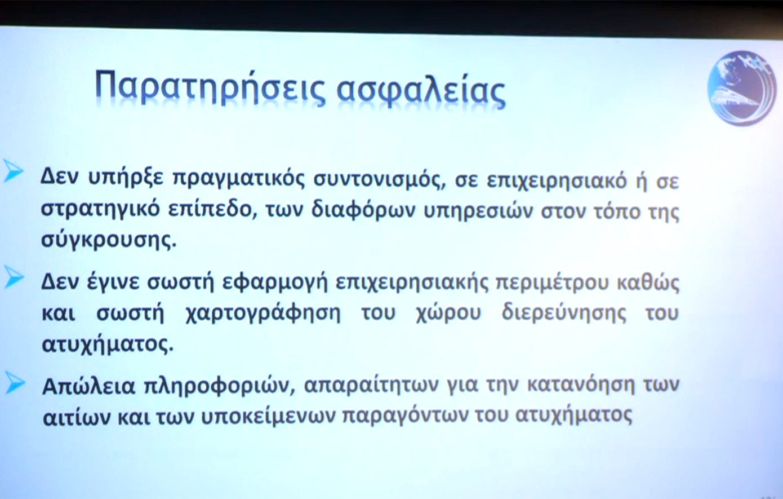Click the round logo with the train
(x=742, y=87)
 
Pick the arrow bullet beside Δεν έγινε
(x=14, y=277)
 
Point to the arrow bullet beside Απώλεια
(x=15, y=383)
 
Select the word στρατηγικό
(x=100, y=210)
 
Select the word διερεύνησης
(x=564, y=313)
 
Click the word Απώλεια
(x=88, y=386)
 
